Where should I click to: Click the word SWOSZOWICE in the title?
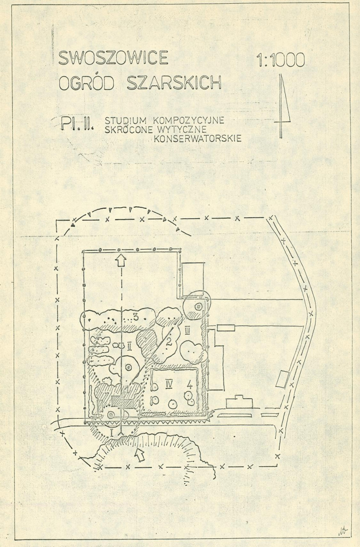113,58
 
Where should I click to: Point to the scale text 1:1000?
281,60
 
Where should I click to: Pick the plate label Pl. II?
76,124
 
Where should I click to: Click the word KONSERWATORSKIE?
198,138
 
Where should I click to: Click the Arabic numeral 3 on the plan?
136,317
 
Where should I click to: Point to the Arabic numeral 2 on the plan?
169,342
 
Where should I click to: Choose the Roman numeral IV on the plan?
169,385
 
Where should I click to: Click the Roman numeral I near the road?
112,432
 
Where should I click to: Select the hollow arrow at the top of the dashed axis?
121,261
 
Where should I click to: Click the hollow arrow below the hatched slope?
140,455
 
